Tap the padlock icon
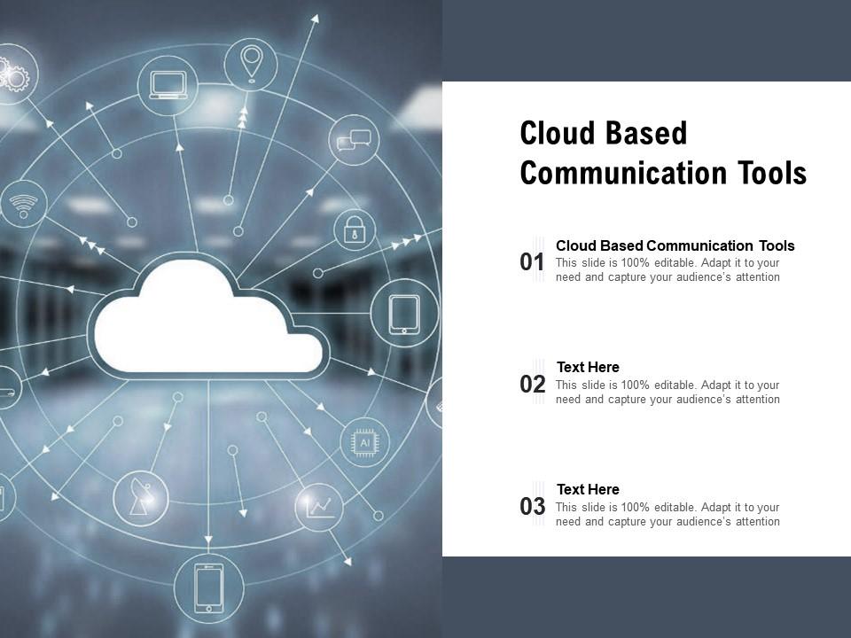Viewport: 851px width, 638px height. pyautogui.click(x=355, y=229)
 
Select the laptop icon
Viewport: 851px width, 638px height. pyautogui.click(x=168, y=85)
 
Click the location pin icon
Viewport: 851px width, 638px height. pyautogui.click(x=251, y=63)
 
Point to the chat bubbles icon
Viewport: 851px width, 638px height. pyautogui.click(x=355, y=140)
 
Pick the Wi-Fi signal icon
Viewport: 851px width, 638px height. pyautogui.click(x=23, y=205)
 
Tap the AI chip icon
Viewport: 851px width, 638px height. pyautogui.click(x=363, y=441)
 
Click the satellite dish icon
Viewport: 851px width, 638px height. pyautogui.click(x=140, y=498)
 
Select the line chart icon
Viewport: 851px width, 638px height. pyautogui.click(x=319, y=507)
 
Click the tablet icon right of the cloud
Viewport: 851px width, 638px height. pyautogui.click(x=404, y=313)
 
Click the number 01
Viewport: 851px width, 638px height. pyautogui.click(x=533, y=262)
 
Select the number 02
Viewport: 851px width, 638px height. pyautogui.click(x=533, y=385)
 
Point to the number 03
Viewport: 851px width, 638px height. pyautogui.click(x=533, y=507)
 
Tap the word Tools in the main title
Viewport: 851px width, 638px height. pyautogui.click(x=772, y=174)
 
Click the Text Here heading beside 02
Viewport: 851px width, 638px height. pyautogui.click(x=588, y=367)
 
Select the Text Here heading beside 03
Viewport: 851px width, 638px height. pyautogui.click(x=588, y=489)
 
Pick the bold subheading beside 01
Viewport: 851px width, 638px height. pyautogui.click(x=675, y=245)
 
